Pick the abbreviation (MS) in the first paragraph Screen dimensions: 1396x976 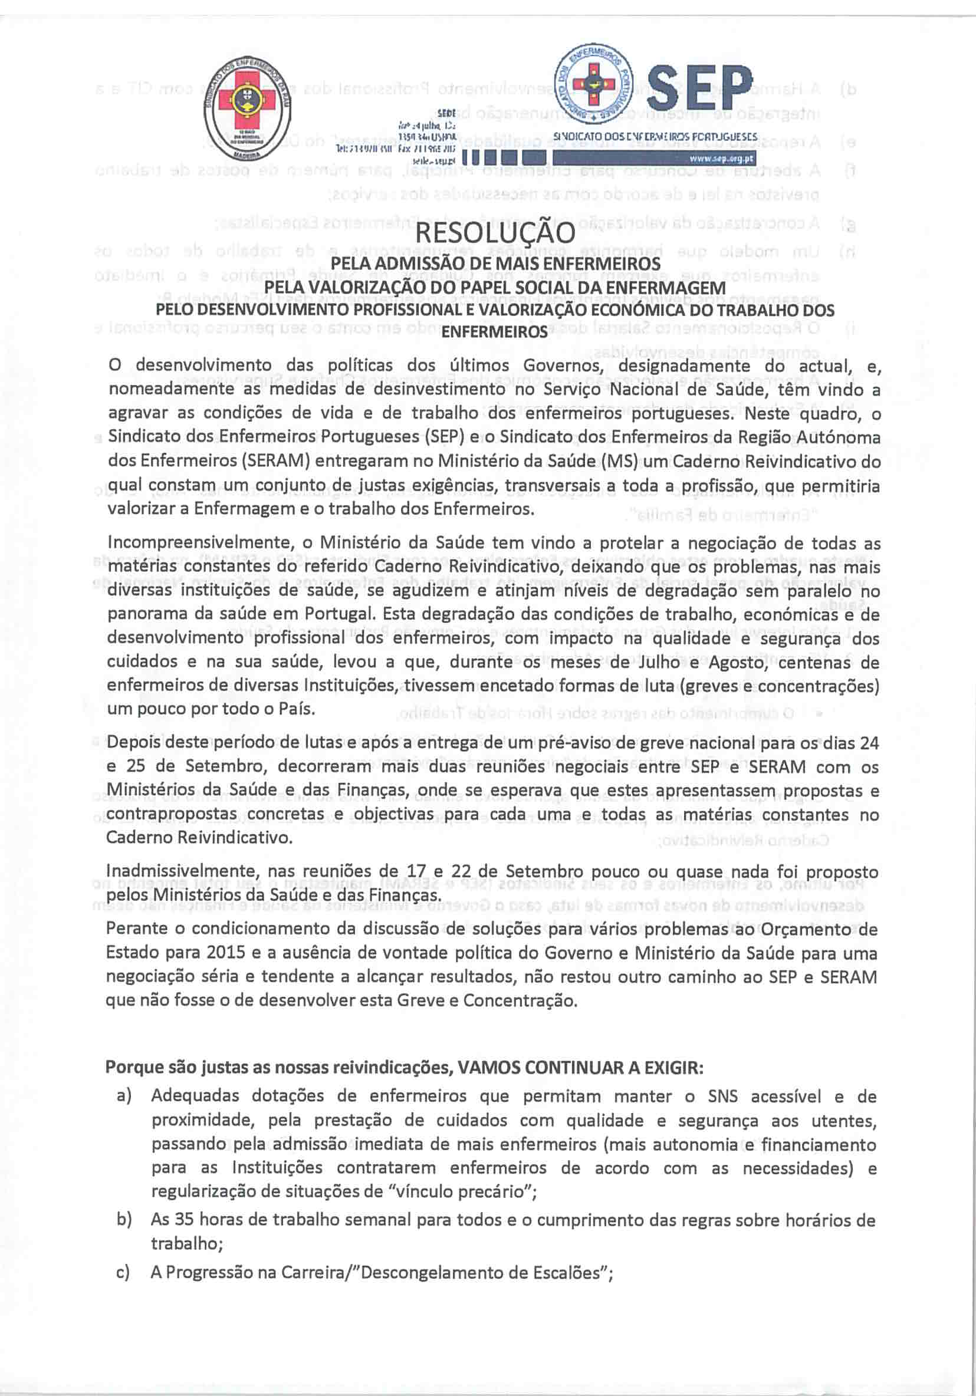pos(620,462)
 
